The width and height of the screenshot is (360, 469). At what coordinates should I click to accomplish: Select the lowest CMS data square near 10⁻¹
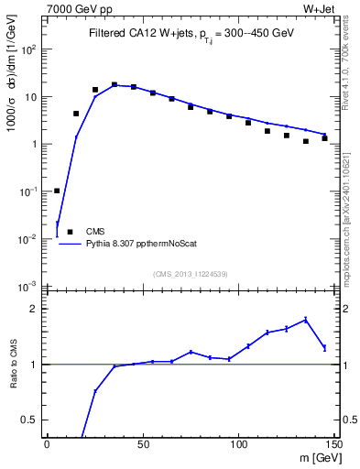click(x=57, y=191)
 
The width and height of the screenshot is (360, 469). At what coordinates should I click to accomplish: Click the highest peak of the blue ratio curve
click(x=305, y=319)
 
